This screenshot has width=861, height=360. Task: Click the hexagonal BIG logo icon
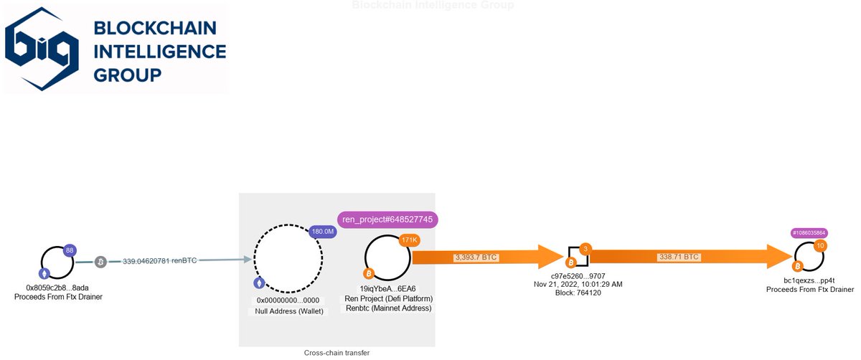tap(43, 47)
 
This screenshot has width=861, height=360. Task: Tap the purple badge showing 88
tap(70, 250)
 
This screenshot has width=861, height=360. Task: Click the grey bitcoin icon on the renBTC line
tap(101, 262)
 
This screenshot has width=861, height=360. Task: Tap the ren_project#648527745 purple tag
tap(387, 219)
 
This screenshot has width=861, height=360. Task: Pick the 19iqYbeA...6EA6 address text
tap(387, 288)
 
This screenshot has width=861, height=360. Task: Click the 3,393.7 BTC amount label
tap(476, 257)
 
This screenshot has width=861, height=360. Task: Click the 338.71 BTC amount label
tap(678, 257)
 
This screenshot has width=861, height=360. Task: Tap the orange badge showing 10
tap(820, 246)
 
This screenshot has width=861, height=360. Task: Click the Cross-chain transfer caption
tap(337, 353)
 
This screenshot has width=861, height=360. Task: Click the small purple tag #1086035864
tap(809, 233)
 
